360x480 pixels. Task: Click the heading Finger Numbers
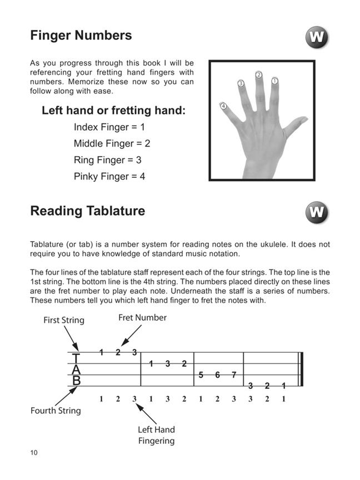[x=81, y=36]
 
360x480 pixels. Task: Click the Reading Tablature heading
[x=87, y=211]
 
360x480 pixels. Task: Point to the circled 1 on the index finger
[x=274, y=81]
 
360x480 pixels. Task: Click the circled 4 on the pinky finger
[x=223, y=106]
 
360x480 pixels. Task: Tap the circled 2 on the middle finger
[x=259, y=74]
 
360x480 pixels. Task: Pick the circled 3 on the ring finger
[x=241, y=83]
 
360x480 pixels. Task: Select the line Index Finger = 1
[x=109, y=127]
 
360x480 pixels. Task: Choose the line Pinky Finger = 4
[x=109, y=177]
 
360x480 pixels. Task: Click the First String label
[x=64, y=321]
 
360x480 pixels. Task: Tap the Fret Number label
[x=142, y=318]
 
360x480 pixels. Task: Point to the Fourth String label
[x=56, y=411]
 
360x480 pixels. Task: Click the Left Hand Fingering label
[x=156, y=435]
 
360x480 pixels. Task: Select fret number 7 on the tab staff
[x=234, y=375]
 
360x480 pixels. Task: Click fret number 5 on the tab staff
[x=201, y=375]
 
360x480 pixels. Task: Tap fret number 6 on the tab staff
[x=217, y=375]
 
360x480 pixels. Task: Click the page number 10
[x=34, y=453]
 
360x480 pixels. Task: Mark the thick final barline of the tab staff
[x=301, y=369]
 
